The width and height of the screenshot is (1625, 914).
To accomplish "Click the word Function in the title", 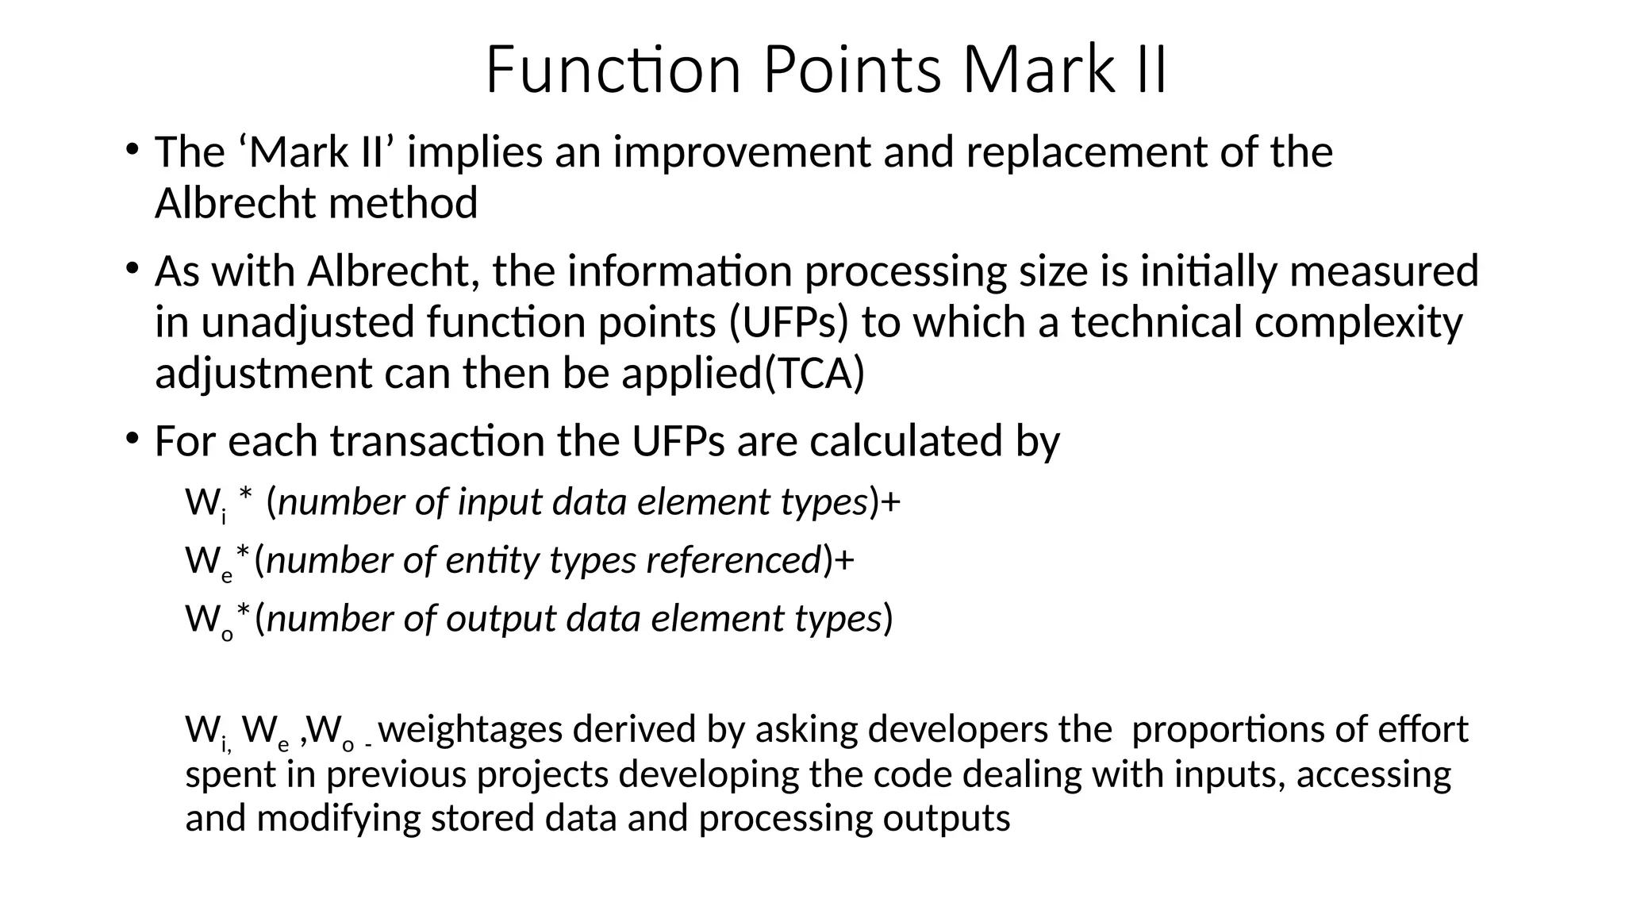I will point(613,70).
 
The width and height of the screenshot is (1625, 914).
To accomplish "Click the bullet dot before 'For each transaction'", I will point(132,437).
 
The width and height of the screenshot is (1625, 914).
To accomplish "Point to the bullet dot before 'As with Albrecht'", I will point(132,267).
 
